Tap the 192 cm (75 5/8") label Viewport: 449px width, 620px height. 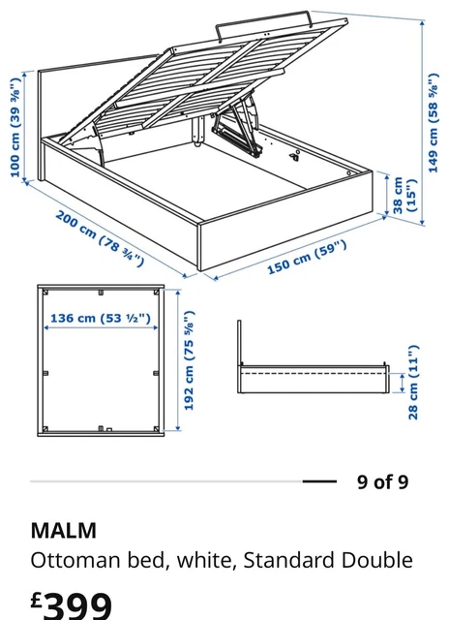[x=190, y=360]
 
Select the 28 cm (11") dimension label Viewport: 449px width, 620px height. [x=413, y=382]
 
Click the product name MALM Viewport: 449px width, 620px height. [x=64, y=530]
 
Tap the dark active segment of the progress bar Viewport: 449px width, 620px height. [x=318, y=481]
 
